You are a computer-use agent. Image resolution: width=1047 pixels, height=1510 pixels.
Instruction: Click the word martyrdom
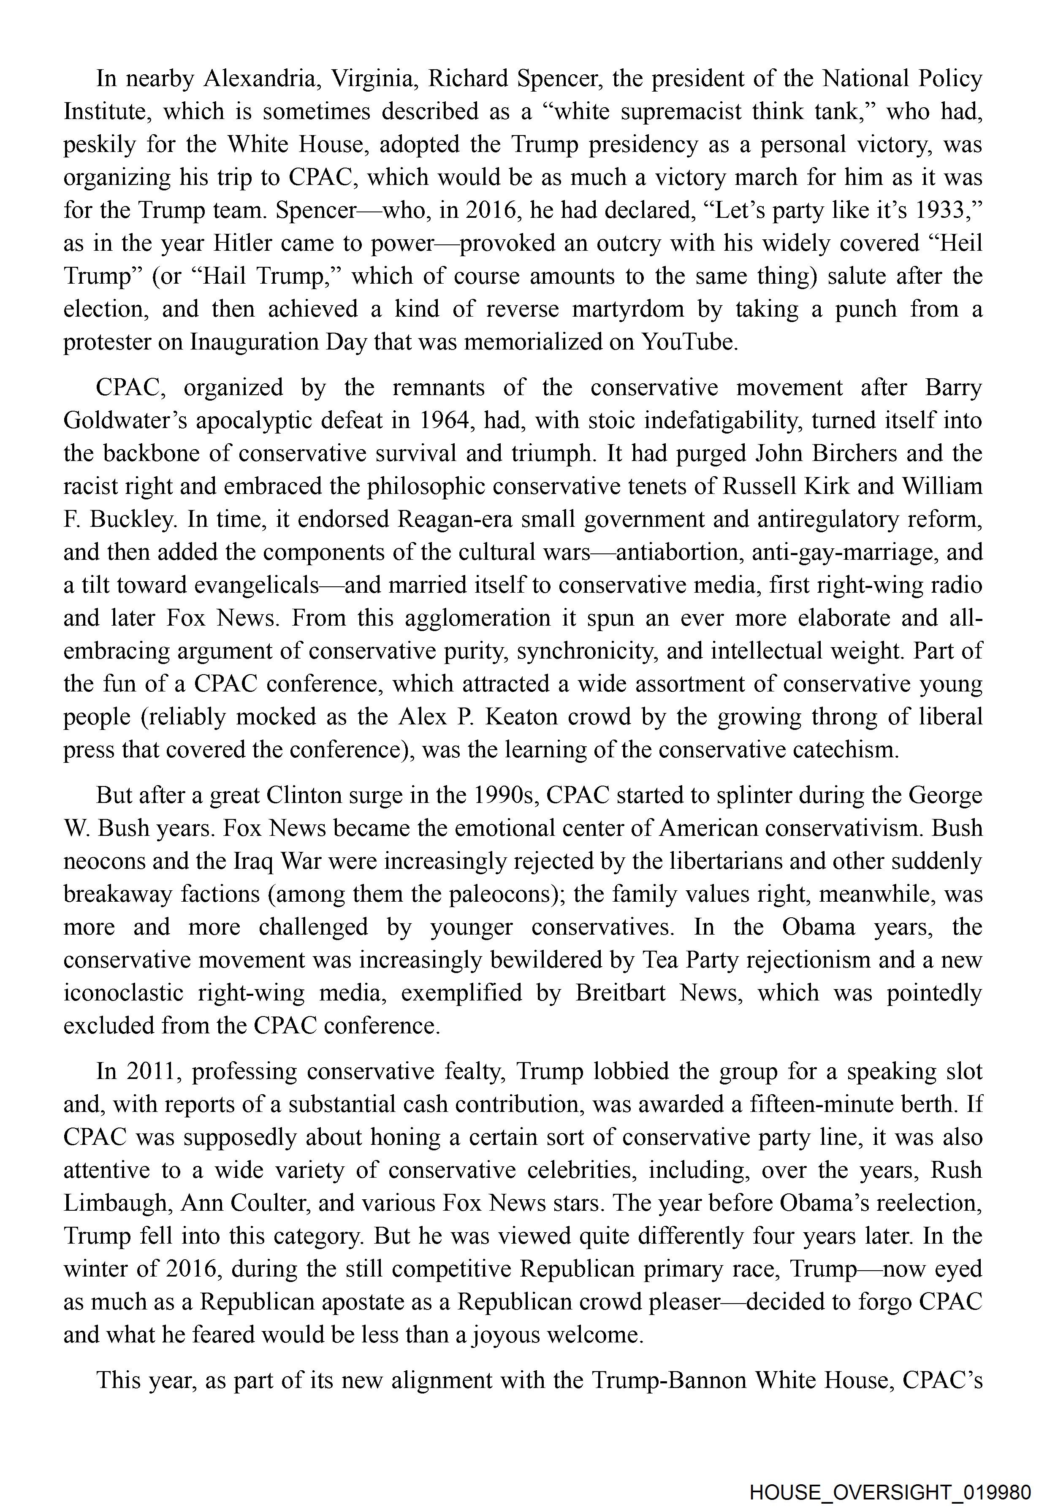click(629, 309)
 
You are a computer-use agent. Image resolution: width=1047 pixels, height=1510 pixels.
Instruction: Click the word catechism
click(842, 750)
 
